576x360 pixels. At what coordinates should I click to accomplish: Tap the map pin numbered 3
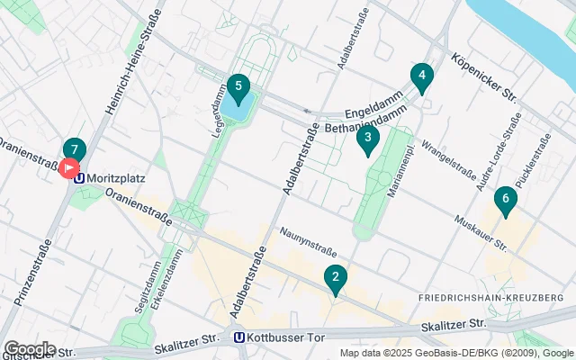click(x=367, y=139)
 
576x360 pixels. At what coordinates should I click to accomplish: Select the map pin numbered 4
click(x=420, y=77)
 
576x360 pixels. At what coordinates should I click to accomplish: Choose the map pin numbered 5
click(x=238, y=88)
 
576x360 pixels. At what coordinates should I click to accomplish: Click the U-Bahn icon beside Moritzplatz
click(x=81, y=178)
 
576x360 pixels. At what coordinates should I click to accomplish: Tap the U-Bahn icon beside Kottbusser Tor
click(x=238, y=338)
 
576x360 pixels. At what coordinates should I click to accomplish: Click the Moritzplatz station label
click(x=118, y=178)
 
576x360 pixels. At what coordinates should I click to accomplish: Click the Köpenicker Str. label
click(x=483, y=78)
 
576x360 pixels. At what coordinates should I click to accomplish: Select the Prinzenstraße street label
click(x=31, y=269)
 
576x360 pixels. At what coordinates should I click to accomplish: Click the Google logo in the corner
click(x=30, y=348)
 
